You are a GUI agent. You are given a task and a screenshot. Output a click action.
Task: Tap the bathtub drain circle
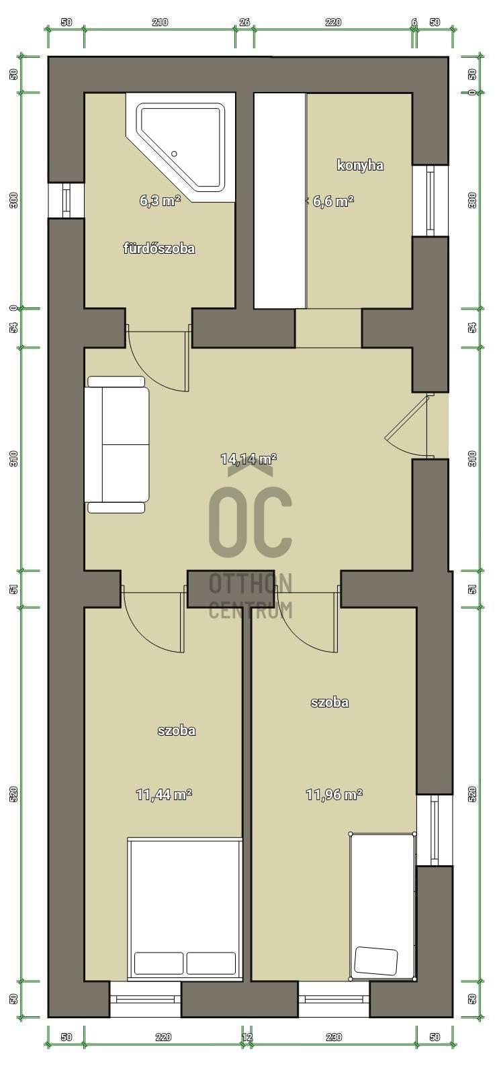click(x=174, y=154)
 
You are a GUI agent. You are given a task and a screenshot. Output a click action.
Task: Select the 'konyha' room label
click(x=360, y=165)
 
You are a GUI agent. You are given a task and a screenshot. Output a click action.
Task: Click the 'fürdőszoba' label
click(x=159, y=248)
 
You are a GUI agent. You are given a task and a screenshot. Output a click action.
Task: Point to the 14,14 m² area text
click(x=248, y=459)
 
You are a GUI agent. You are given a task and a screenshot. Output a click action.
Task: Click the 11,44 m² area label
click(x=164, y=795)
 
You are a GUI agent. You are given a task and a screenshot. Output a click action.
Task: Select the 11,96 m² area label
click(x=334, y=795)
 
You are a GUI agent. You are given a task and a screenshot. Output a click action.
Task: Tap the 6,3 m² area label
click(x=161, y=201)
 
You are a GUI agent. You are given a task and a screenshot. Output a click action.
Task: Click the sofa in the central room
click(x=117, y=445)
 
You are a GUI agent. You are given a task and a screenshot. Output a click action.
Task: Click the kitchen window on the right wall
click(x=430, y=201)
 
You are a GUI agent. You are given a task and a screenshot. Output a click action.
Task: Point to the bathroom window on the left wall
click(x=66, y=201)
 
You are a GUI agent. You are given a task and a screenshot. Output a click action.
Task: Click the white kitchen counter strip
click(x=280, y=201)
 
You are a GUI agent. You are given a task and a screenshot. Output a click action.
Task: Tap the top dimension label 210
click(x=161, y=22)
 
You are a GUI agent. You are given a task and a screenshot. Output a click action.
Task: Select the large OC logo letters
click(x=250, y=522)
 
